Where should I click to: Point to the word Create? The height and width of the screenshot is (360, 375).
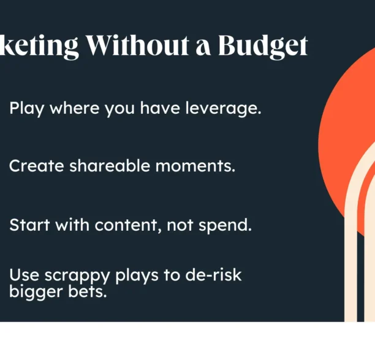pyautogui.click(x=35, y=165)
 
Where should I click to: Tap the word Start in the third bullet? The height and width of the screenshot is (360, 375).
pyautogui.click(x=29, y=225)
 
